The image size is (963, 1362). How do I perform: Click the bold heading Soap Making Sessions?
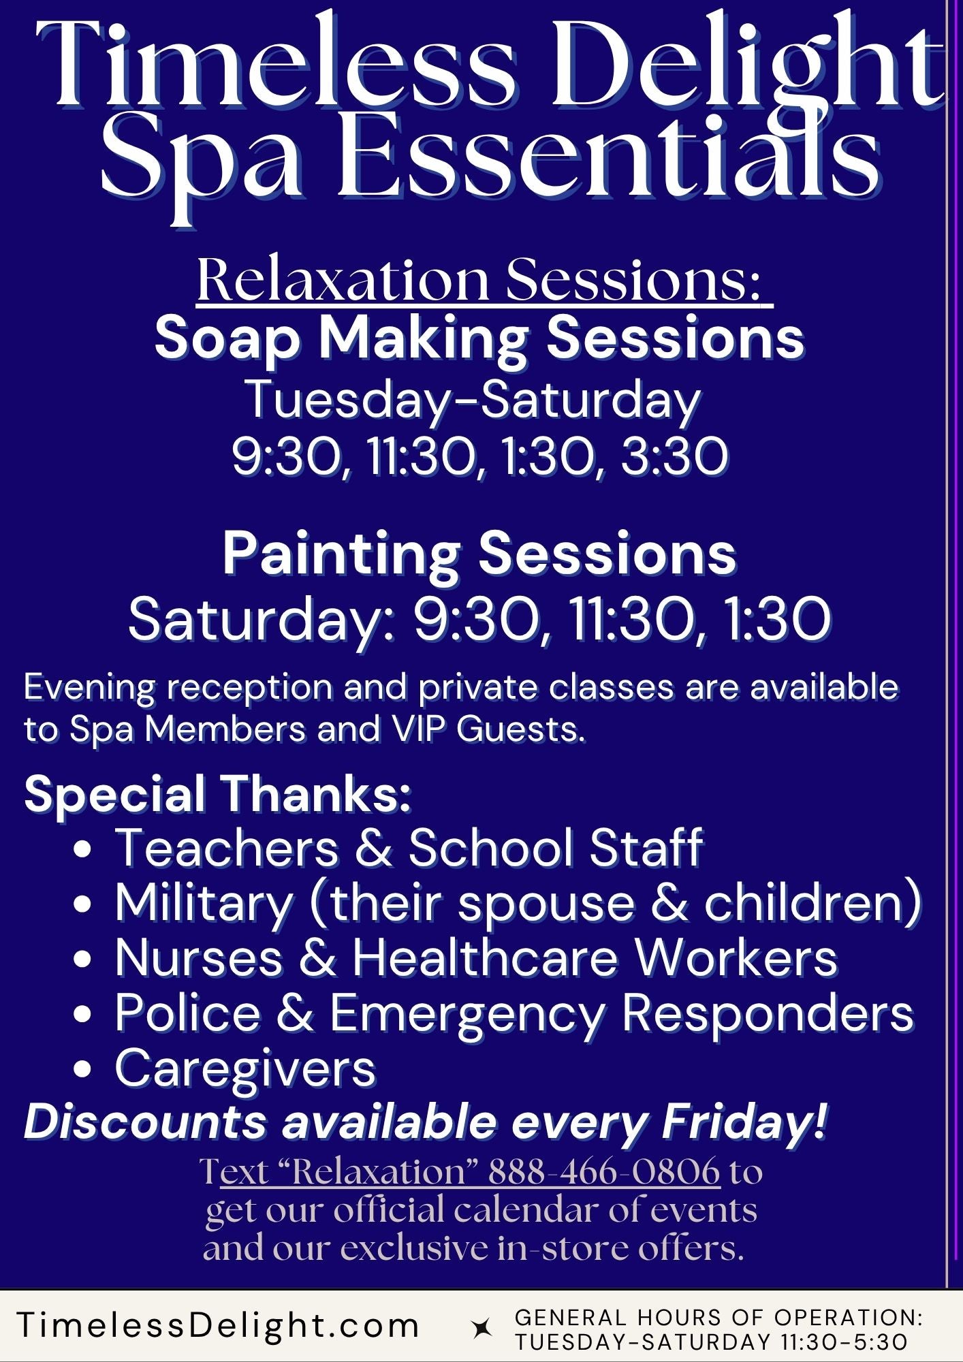tap(479, 338)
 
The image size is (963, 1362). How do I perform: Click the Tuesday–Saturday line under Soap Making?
tap(473, 400)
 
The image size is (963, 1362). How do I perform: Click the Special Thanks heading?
tap(218, 793)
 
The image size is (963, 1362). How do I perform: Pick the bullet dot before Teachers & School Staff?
tap(82, 850)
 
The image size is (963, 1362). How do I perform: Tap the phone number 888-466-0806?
tap(604, 1171)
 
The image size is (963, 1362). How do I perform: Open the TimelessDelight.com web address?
tap(218, 1325)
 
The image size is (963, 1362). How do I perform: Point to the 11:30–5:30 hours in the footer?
tap(844, 1342)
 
